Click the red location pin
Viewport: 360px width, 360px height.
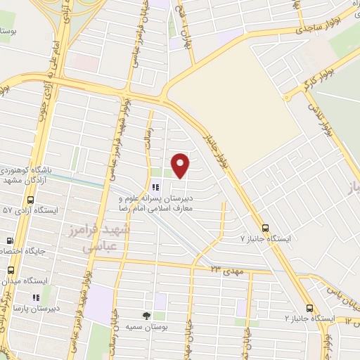(181, 165)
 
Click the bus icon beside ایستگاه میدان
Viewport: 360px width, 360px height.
(11, 269)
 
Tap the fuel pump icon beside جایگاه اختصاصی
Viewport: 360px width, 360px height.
(10, 240)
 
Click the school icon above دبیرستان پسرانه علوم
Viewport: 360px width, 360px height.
(154, 187)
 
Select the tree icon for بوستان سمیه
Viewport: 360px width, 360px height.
(146, 316)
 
